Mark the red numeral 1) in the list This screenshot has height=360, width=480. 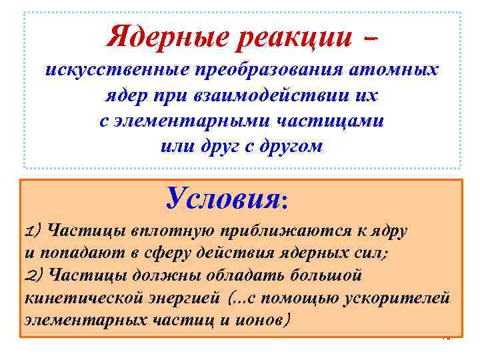click(x=34, y=231)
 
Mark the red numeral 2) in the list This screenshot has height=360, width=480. click(x=34, y=275)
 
